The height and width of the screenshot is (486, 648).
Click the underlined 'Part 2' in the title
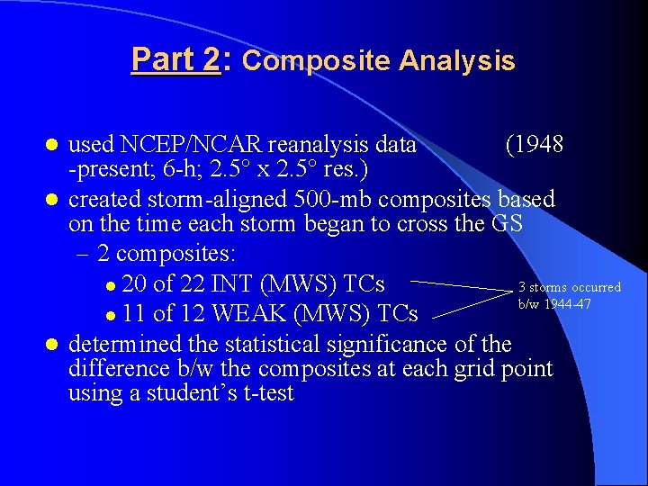pos(175,60)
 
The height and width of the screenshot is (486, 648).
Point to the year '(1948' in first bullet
pos(534,145)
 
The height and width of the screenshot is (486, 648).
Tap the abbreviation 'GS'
pos(508,223)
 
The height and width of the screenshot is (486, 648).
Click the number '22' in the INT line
pos(194,285)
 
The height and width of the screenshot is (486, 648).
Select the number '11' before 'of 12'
pos(135,313)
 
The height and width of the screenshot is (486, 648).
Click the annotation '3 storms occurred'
pos(569,287)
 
